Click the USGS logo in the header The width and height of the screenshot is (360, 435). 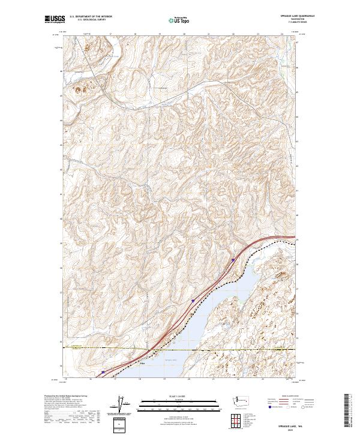55,20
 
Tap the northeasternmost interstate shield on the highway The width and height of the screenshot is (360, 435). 233,260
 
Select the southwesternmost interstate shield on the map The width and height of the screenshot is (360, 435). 103,372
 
